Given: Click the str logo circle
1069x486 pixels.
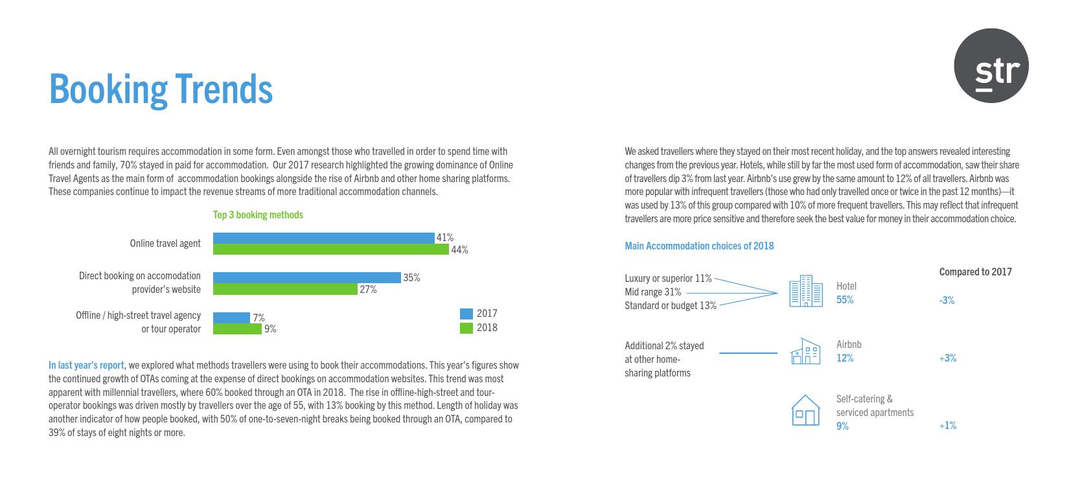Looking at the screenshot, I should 991,65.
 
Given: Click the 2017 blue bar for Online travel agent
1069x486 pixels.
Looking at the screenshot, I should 323,238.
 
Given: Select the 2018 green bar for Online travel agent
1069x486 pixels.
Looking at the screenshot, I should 330,249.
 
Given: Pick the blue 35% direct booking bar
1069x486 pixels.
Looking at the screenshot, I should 306,277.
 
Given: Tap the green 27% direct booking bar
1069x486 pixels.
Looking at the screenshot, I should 285,289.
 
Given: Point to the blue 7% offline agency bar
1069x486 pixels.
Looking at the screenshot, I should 231,318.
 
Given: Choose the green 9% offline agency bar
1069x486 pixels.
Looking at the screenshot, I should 237,329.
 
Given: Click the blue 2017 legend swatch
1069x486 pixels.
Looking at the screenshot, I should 466,314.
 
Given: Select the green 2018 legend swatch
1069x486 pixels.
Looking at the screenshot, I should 466,328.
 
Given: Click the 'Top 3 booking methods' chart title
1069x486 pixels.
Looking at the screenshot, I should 258,214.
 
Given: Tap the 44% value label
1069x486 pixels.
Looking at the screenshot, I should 460,250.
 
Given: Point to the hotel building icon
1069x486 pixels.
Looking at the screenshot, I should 806,292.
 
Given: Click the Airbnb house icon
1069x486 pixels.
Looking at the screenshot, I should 805,351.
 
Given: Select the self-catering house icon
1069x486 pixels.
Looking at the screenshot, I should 805,410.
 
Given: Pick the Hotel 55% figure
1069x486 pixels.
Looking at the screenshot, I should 845,300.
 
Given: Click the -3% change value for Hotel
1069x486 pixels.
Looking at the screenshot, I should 947,300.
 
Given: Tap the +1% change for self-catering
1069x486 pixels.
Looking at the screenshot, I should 947,426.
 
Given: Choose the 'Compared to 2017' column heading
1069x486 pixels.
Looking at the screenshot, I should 975,272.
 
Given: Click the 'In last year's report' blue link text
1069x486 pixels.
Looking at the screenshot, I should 86,365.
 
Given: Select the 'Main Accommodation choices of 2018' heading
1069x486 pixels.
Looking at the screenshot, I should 699,246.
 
